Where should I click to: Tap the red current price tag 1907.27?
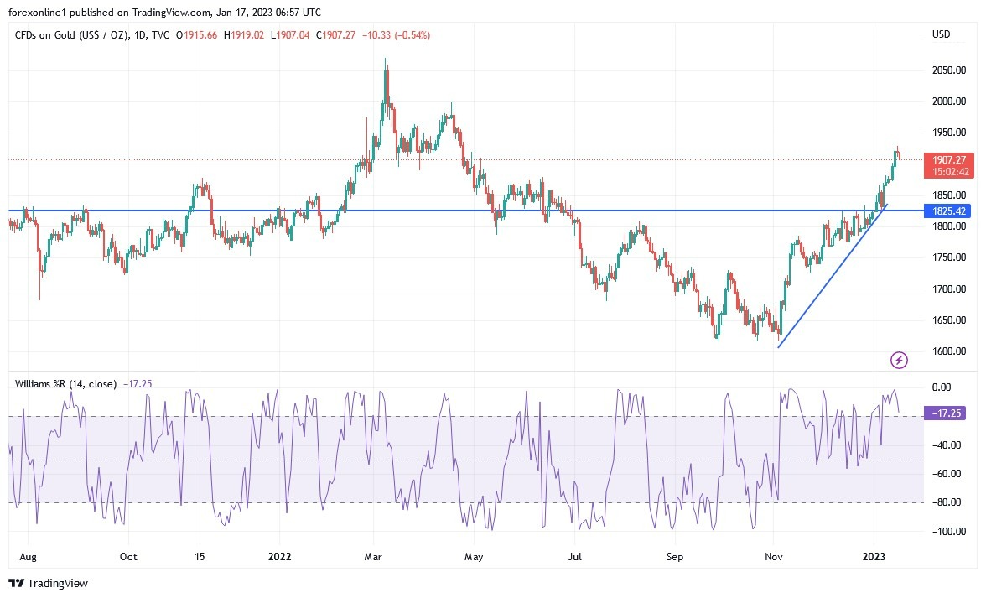(947, 159)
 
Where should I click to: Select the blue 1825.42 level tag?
(947, 211)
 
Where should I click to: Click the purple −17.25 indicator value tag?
(947, 413)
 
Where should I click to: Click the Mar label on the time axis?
(373, 556)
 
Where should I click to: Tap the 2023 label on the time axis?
(874, 556)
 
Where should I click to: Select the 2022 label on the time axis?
(278, 556)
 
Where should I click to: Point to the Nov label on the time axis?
(774, 556)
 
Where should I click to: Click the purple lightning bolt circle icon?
(899, 361)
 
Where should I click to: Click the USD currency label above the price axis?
(942, 34)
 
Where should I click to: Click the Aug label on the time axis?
(27, 556)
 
